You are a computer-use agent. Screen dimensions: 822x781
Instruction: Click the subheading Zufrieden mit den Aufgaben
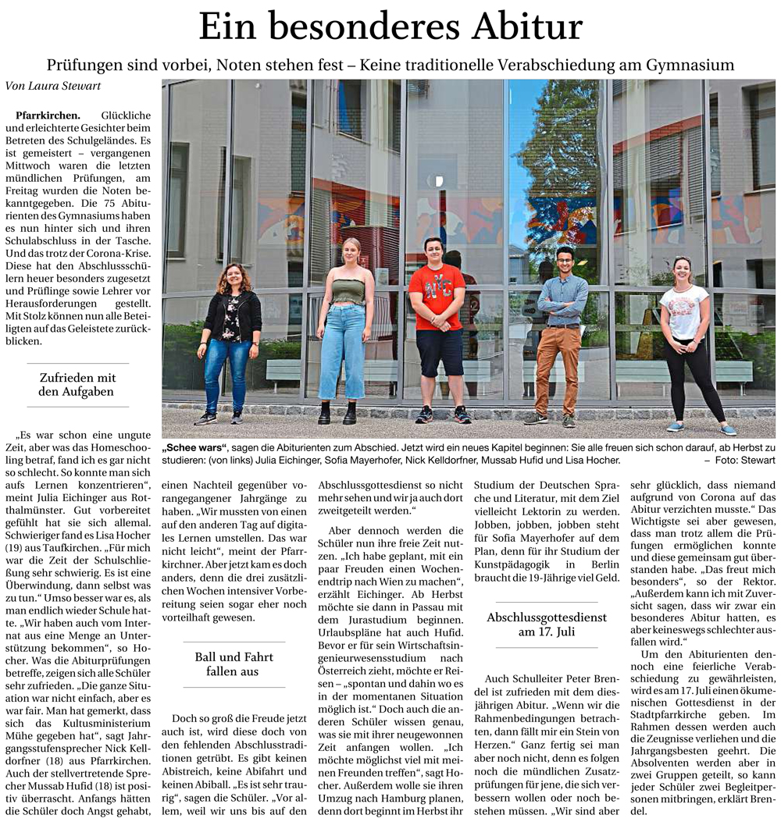point(77,385)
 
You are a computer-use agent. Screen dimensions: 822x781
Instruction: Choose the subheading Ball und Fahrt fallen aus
point(234,664)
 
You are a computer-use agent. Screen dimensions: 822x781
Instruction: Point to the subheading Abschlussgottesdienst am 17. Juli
point(546,625)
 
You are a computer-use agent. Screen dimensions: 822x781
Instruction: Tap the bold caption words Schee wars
point(194,448)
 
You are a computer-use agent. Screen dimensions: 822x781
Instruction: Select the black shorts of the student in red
point(439,351)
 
